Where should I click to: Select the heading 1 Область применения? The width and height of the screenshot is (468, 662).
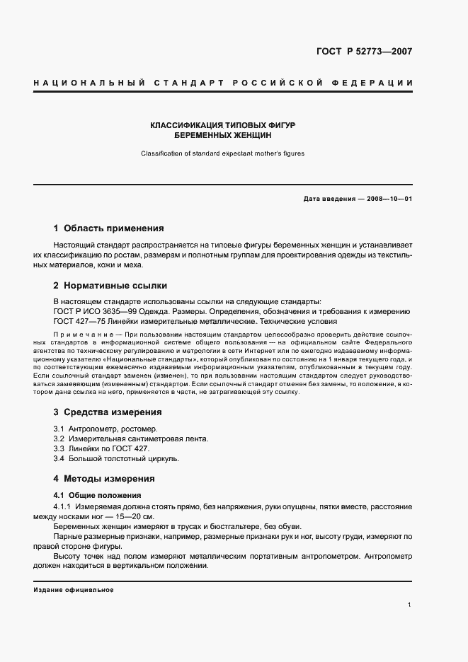[x=108, y=228]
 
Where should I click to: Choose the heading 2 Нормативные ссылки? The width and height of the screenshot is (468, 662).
[x=110, y=286]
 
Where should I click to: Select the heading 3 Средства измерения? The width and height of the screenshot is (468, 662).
[x=108, y=412]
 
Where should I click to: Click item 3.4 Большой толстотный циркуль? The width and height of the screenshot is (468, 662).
[x=116, y=458]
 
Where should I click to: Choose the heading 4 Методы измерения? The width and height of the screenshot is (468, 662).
[x=104, y=478]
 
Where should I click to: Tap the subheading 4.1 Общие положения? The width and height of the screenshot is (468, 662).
[x=98, y=495]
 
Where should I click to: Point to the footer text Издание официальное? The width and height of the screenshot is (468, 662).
[x=74, y=589]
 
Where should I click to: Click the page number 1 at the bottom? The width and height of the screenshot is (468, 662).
[x=410, y=605]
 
